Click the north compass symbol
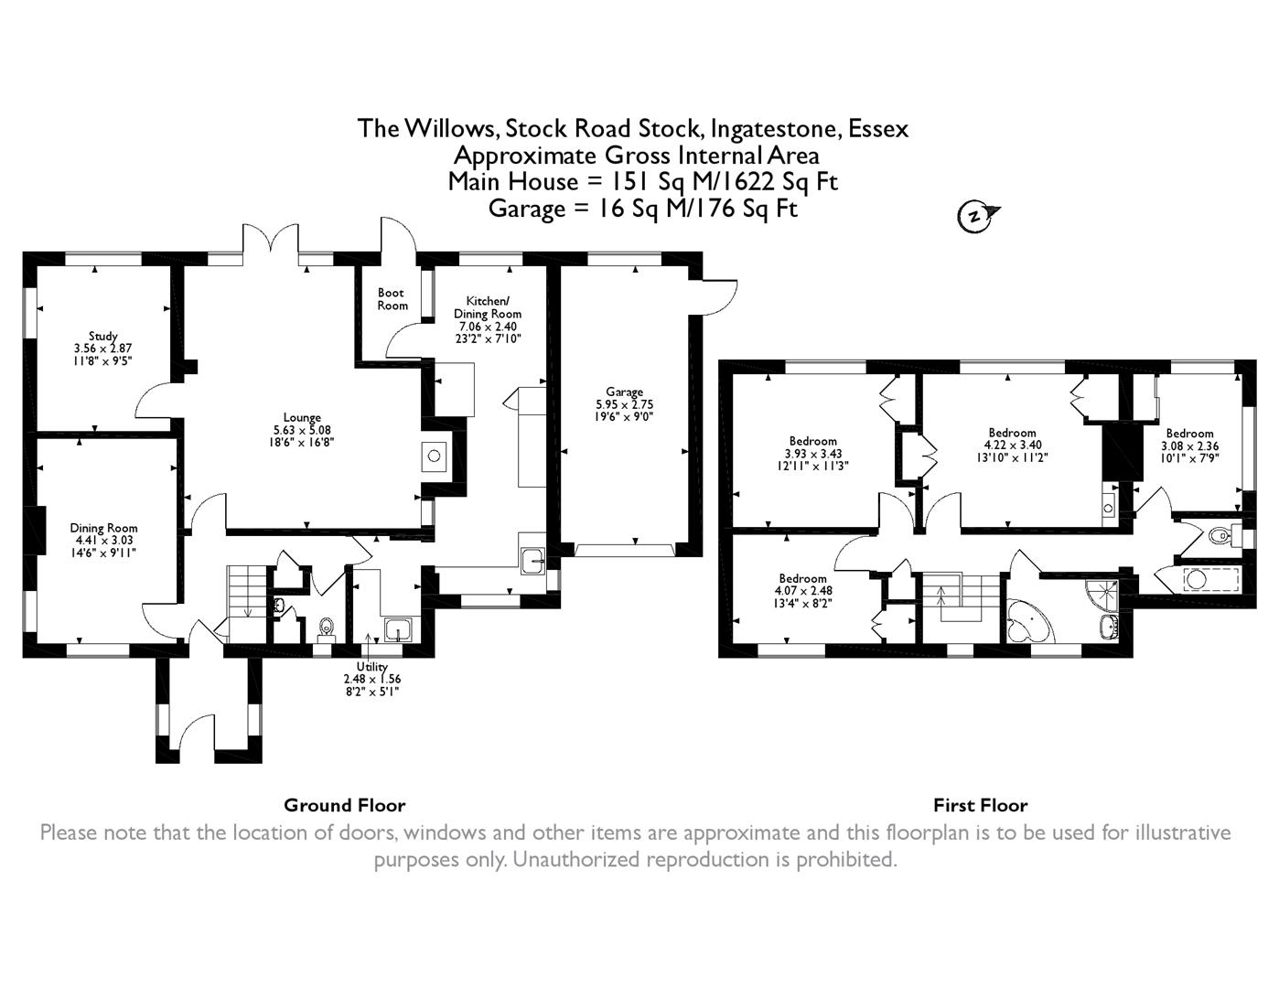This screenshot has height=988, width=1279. tap(975, 216)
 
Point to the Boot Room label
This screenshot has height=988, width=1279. tap(392, 299)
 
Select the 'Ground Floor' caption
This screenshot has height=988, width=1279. tap(344, 805)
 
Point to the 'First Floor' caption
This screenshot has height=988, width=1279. tap(980, 805)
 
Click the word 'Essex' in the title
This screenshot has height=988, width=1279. tap(878, 128)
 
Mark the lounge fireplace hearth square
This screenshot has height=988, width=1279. tap(434, 454)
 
